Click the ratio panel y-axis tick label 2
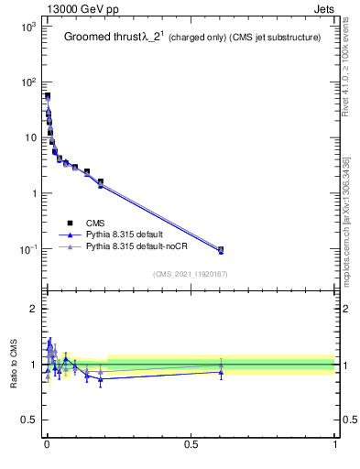pos(33,309)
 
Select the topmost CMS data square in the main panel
pos(48,95)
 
